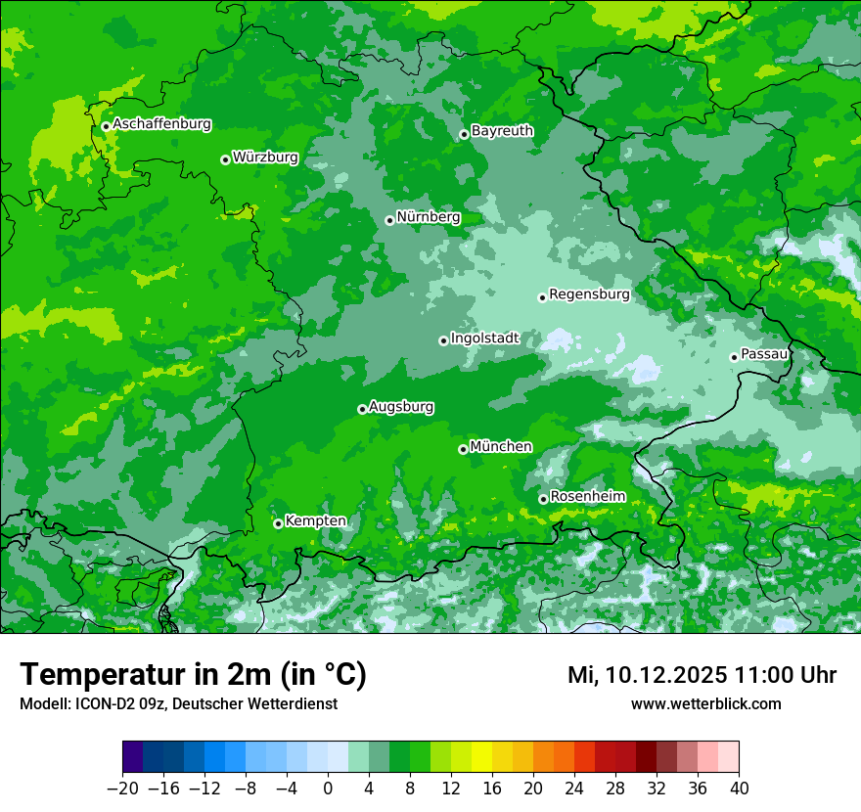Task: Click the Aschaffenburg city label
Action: (161, 124)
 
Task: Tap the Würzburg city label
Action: (265, 158)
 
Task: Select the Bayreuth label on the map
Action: (502, 131)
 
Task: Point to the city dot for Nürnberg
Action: (389, 220)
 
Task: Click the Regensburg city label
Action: (589, 294)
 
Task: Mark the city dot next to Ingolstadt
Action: (443, 340)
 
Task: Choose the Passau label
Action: (764, 354)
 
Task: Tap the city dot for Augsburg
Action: (362, 409)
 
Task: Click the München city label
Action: (501, 447)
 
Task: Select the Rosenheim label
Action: (587, 497)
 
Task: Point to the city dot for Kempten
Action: (278, 523)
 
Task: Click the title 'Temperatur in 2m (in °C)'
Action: (193, 675)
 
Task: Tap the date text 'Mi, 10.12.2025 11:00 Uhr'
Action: (702, 675)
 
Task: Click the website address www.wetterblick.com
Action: (705, 704)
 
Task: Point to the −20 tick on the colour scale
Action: (123, 789)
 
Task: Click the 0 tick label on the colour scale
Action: (328, 789)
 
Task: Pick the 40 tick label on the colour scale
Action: (739, 789)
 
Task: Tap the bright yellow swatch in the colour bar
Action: (481, 757)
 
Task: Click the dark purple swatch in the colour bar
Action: (133, 757)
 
